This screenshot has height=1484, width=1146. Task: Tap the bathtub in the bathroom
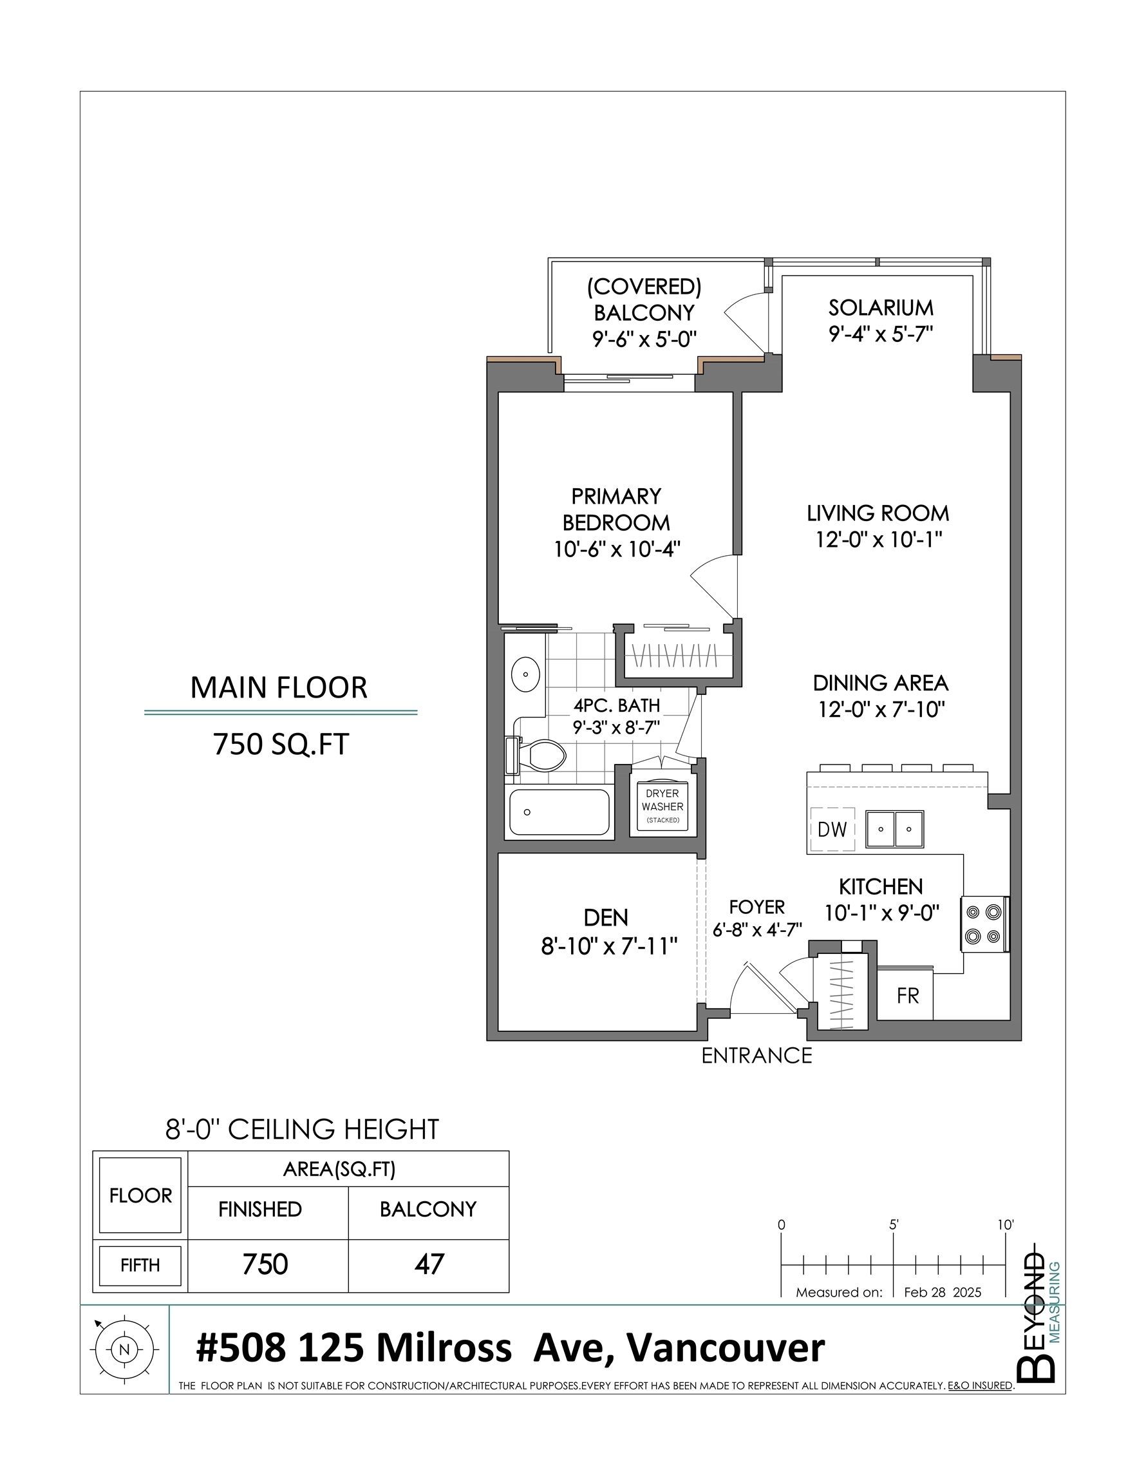559,812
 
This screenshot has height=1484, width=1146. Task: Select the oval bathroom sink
526,674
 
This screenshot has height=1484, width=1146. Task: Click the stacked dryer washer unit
662,806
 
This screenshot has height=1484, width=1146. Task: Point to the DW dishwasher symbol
832,829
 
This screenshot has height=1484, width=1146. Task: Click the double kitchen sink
894,828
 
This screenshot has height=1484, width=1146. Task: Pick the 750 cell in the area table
266,1264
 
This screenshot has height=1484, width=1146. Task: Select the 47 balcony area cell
429,1264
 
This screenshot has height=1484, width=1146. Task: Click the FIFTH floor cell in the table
140,1265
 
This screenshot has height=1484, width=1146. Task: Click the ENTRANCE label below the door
756,1055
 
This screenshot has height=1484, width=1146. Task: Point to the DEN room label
605,918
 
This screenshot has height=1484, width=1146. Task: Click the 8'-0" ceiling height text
303,1129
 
